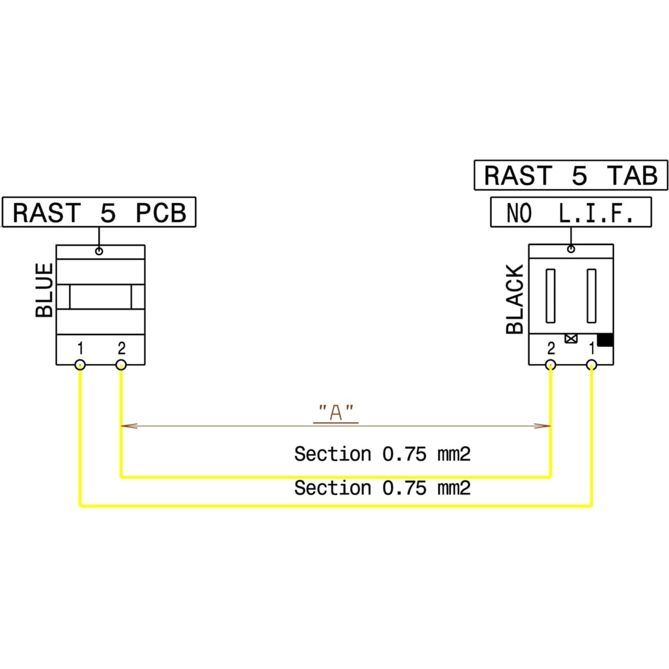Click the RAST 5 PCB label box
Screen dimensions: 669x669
[x=99, y=214]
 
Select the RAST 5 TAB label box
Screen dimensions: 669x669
[x=570, y=176]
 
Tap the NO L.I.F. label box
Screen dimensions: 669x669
[x=571, y=214]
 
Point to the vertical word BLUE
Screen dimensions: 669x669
[x=44, y=290]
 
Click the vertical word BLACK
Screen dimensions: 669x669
[x=515, y=299]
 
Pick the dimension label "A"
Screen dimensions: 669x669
[x=336, y=412]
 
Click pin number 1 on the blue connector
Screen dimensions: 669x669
[x=80, y=347]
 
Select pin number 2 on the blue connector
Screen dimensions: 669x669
[x=121, y=347]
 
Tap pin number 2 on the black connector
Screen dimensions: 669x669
[x=551, y=347]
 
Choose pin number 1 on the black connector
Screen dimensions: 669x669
[x=592, y=347]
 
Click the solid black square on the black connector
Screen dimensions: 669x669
[x=605, y=340]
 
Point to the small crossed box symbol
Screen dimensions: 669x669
[x=571, y=338]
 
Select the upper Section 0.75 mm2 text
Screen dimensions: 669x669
[x=382, y=453]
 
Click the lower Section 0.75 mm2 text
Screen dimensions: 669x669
[x=382, y=487]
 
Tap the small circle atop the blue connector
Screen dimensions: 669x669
[x=99, y=251]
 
